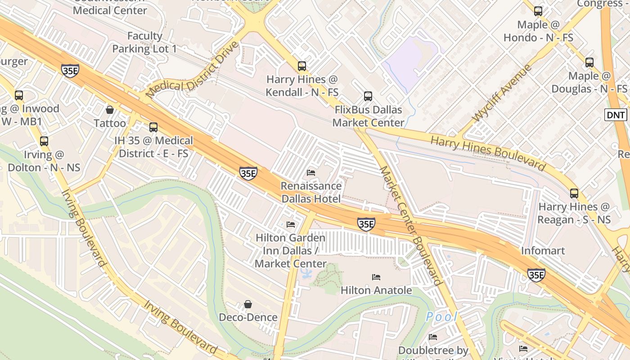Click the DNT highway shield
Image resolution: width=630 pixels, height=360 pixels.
[616, 115]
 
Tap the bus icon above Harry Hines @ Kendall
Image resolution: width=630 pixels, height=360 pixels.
[302, 66]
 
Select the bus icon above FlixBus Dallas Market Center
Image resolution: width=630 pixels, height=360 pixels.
[368, 96]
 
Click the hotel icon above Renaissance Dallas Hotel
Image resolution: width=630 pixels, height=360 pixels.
[311, 172]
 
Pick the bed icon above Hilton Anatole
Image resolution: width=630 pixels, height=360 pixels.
[376, 277]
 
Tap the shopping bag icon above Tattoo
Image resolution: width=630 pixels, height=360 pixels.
[109, 109]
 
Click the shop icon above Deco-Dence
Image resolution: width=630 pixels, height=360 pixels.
[248, 304]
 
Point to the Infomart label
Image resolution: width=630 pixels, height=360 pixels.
[543, 251]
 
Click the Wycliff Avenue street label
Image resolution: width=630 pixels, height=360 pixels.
[502, 94]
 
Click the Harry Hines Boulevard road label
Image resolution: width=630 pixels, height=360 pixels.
[488, 153]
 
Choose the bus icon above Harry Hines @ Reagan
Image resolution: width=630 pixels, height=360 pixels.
[574, 193]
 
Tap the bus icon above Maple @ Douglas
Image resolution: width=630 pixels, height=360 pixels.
[589, 63]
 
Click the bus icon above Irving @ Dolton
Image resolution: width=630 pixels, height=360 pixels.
[44, 141]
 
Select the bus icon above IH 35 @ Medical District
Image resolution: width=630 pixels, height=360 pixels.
[153, 127]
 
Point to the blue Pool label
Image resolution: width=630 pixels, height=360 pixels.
[441, 316]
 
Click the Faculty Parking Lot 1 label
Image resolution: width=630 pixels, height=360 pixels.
[144, 42]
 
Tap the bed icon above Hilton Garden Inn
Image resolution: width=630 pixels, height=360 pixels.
[291, 224]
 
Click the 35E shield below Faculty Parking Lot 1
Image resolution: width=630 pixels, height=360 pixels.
[70, 71]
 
